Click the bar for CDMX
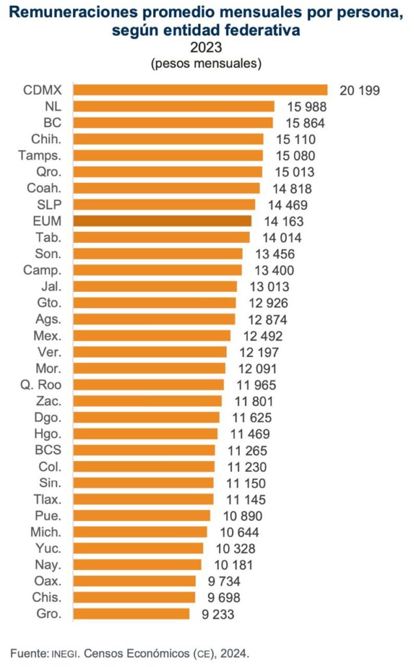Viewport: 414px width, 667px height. [200, 90]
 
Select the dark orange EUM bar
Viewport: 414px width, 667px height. [162, 221]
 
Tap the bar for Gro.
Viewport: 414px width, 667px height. [131, 614]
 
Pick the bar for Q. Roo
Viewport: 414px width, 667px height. [149, 384]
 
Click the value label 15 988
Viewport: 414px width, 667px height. [305, 106]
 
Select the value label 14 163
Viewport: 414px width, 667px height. [283, 221]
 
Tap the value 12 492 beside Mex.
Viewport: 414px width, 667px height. [262, 335]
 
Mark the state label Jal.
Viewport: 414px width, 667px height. [52, 286]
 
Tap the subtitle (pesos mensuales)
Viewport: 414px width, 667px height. [206, 64]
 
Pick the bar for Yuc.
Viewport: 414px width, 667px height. [138, 548]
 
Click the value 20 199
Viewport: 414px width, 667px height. [359, 90]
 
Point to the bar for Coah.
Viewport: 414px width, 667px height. [166, 188]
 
